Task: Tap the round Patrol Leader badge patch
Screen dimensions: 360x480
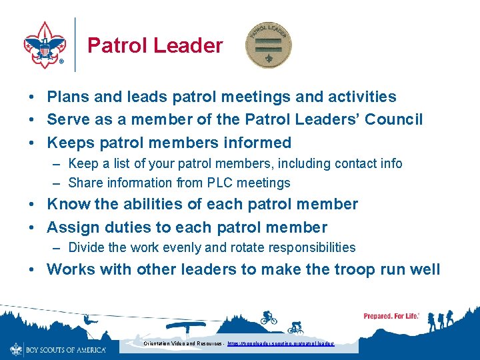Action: click(268, 45)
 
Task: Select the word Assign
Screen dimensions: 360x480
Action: click(71, 227)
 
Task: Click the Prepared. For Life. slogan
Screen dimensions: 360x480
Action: click(391, 316)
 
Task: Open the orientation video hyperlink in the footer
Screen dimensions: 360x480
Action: click(280, 344)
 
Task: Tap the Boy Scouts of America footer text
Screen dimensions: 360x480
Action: click(65, 349)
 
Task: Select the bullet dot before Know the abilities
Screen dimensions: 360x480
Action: click(32, 205)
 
